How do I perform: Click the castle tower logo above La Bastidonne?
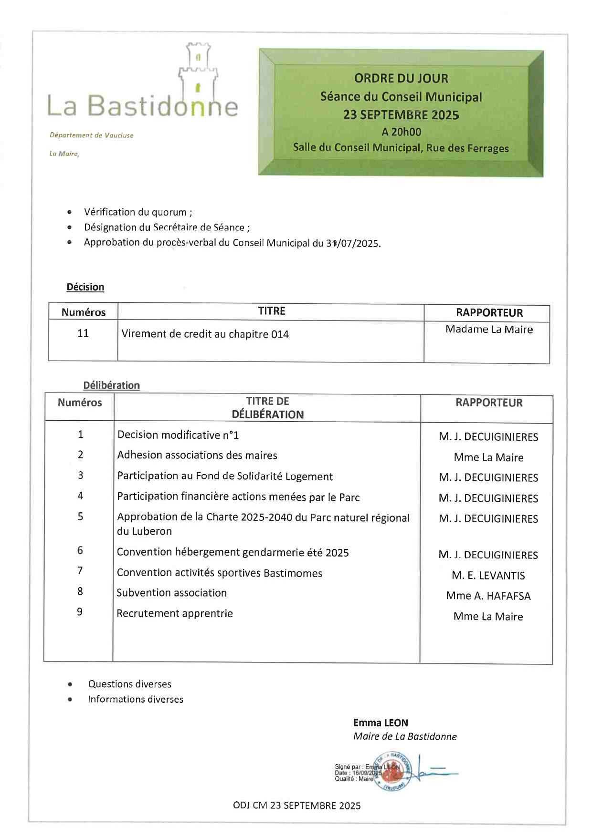tap(198, 72)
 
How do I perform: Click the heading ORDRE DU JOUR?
tap(401, 78)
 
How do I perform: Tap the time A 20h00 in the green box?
tap(401, 132)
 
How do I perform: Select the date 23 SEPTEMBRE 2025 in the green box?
tap(401, 115)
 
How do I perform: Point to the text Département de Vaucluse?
tap(92, 135)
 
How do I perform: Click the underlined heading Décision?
tap(85, 287)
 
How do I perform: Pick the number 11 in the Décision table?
tap(83, 333)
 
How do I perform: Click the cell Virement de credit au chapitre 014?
tap(205, 334)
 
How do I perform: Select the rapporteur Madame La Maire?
tap(489, 330)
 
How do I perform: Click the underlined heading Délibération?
tap(111, 385)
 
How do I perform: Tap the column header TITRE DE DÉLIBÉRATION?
tap(268, 408)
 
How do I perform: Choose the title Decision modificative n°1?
tap(178, 435)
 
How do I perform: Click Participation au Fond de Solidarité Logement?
tap(225, 476)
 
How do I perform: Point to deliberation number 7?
tap(80, 571)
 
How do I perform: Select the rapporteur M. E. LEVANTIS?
tap(488, 576)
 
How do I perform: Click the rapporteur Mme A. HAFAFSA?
tap(488, 596)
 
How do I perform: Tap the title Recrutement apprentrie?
tap(175, 614)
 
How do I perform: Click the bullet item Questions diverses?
tap(129, 684)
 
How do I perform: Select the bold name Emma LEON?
tap(381, 723)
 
